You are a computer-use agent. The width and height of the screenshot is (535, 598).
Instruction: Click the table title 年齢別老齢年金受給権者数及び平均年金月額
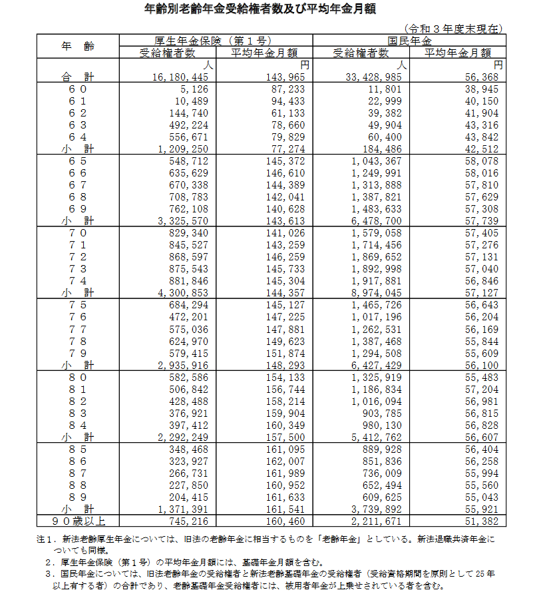point(265,9)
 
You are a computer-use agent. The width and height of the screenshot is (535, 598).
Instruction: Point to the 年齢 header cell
point(77,46)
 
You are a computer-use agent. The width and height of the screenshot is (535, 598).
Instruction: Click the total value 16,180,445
point(181,77)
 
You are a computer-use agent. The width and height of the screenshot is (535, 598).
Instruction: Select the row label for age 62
point(77,113)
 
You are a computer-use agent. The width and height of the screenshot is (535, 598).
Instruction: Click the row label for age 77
point(77,329)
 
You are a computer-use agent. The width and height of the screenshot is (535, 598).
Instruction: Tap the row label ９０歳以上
point(77,520)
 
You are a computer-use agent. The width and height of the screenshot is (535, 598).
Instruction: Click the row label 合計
point(77,77)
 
